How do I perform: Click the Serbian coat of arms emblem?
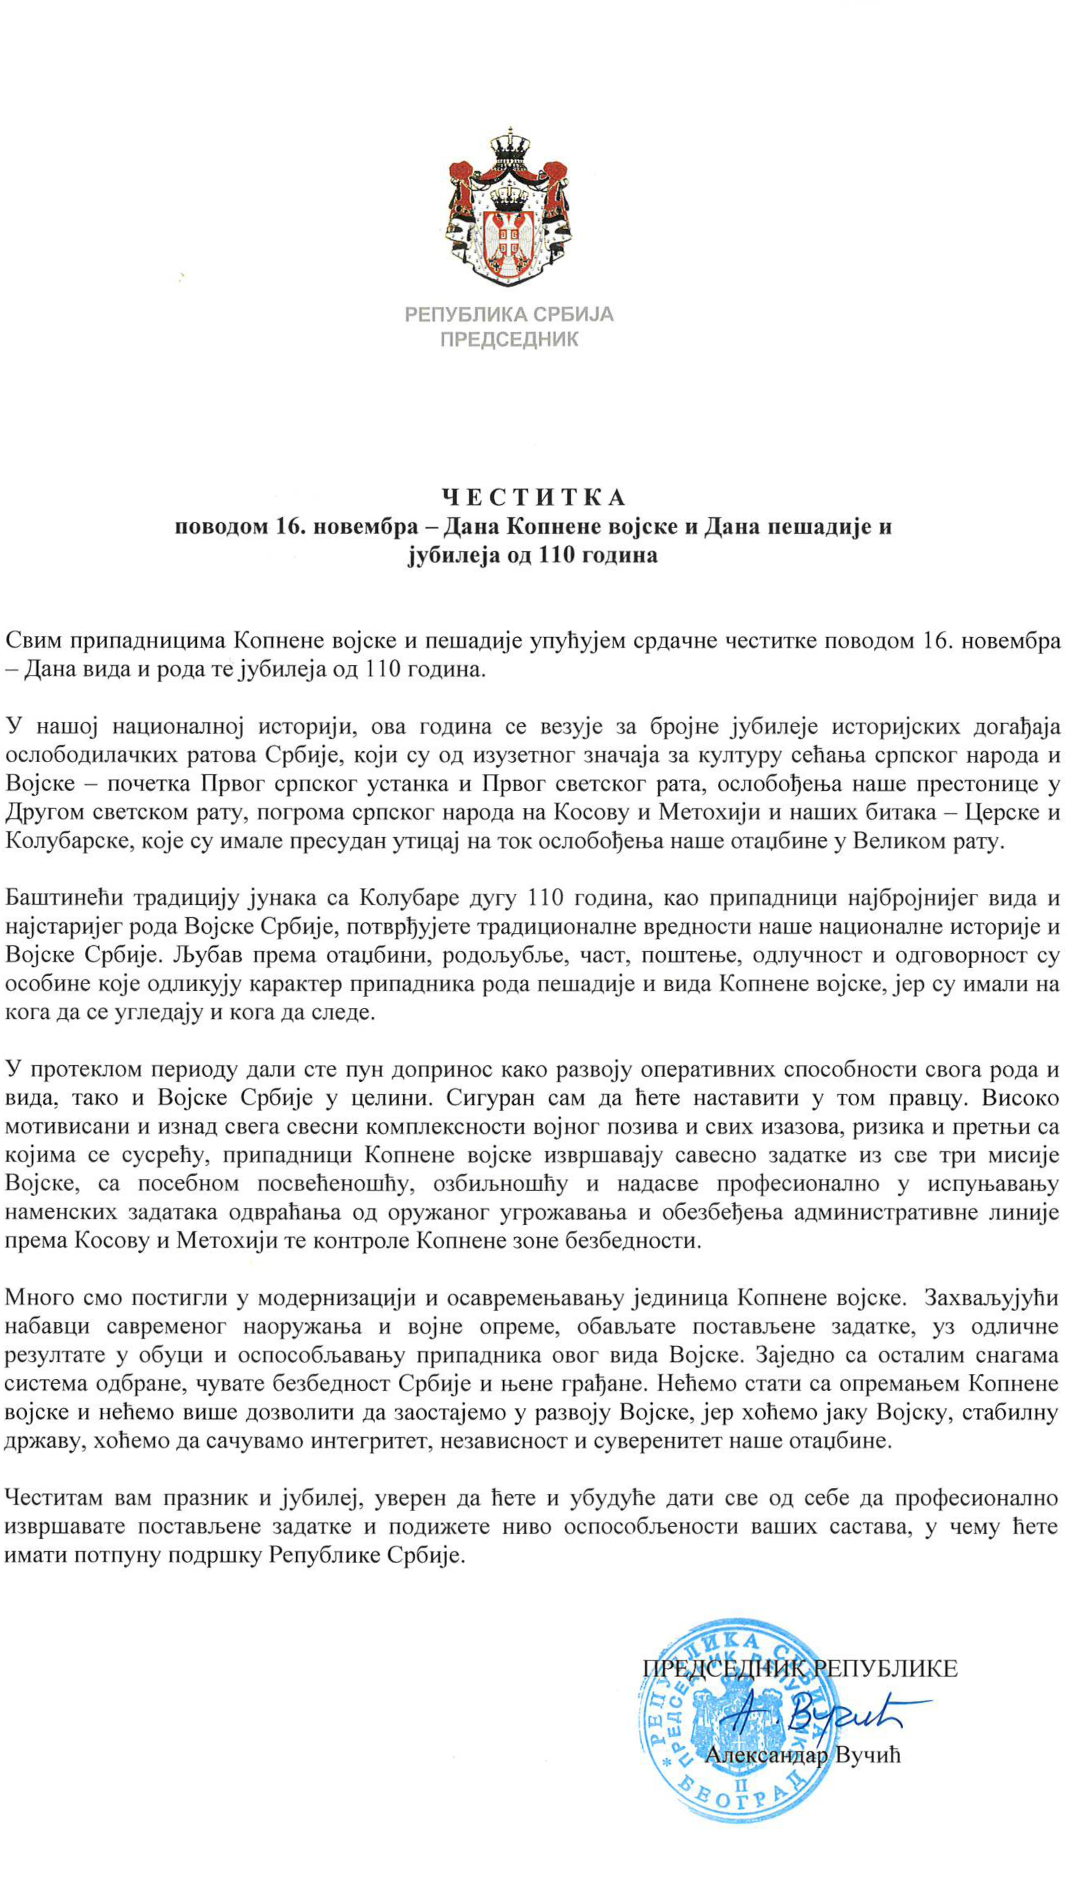[509, 207]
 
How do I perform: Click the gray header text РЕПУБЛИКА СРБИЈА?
[509, 315]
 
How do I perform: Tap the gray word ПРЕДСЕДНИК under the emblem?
[509, 339]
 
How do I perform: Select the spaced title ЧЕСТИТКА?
[533, 498]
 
